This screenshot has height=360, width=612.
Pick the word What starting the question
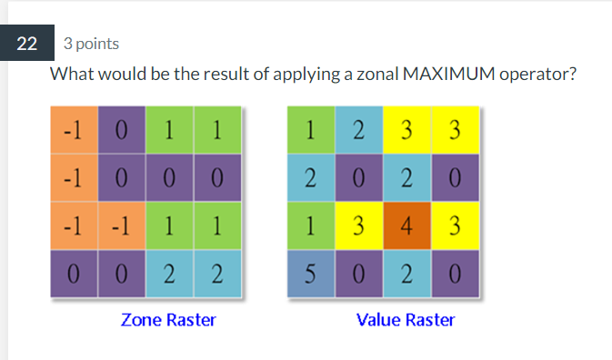[x=71, y=74]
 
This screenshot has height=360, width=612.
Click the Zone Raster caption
[x=168, y=320]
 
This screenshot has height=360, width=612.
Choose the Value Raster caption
[x=406, y=320]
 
